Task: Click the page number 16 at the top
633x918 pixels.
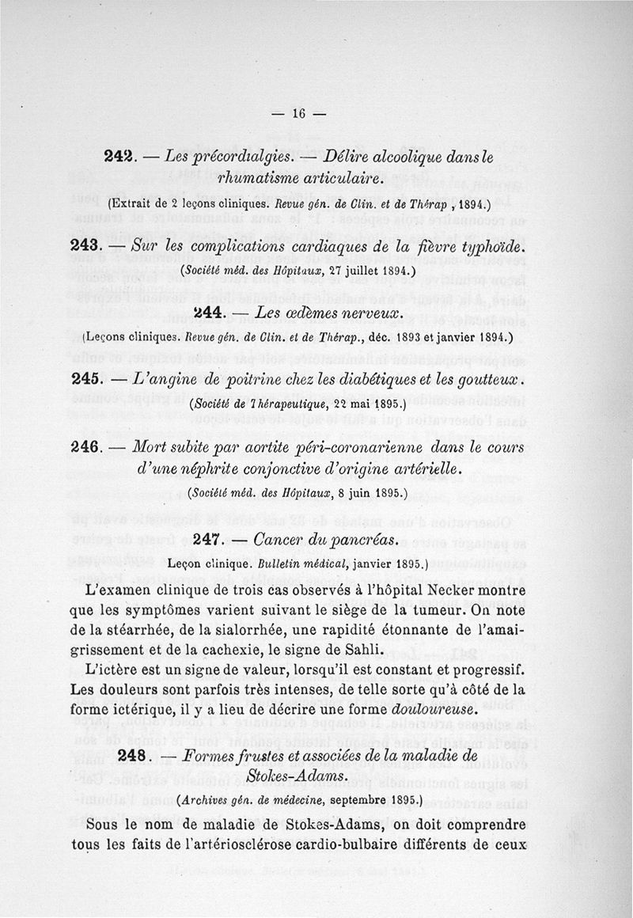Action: point(298,112)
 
